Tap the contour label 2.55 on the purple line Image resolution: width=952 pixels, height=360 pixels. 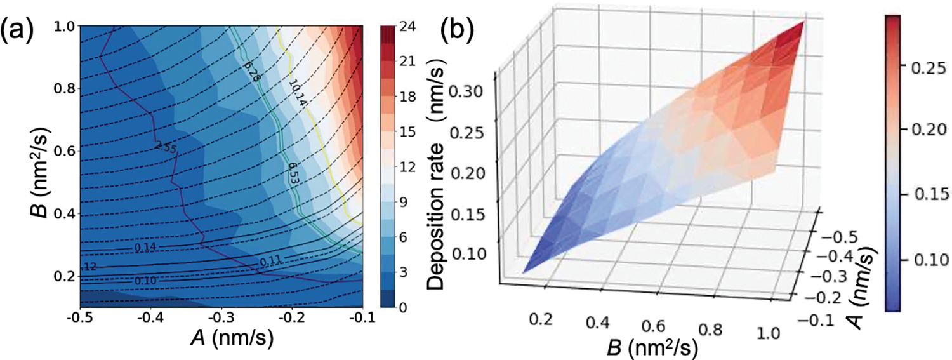164,147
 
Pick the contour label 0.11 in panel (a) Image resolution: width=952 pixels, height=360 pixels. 268,260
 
